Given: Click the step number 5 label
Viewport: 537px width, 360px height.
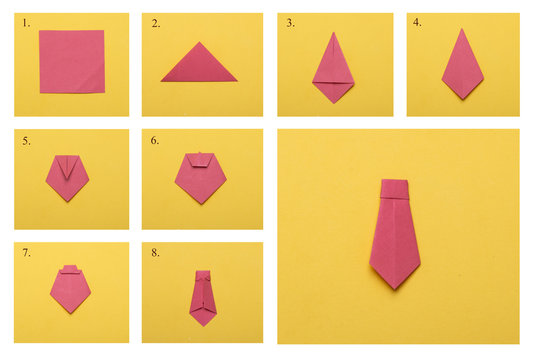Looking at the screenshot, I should coord(25,141).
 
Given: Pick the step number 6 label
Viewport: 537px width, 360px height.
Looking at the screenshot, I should coord(154,141).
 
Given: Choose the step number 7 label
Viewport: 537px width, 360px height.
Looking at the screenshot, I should coord(25,254).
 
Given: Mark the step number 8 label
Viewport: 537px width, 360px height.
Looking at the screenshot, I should coord(154,254).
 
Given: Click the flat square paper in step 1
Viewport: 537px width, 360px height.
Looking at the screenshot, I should coord(71,61).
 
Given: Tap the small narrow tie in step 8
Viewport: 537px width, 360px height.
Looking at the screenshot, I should coord(204,296).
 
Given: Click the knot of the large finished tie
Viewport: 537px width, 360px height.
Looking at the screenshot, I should coord(395,187).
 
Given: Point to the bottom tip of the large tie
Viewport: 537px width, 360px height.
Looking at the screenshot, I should coord(396,287).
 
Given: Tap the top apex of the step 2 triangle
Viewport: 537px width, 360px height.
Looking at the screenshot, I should coord(200,43).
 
